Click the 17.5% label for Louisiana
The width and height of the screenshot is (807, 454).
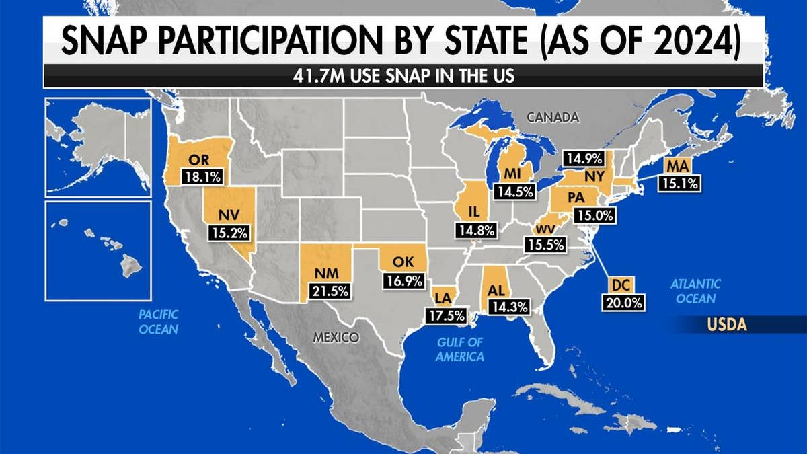[443, 315]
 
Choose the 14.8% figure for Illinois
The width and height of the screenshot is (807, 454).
[477, 230]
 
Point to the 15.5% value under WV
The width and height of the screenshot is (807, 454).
[545, 245]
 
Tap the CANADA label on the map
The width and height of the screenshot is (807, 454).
[553, 118]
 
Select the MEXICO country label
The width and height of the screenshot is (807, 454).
[336, 337]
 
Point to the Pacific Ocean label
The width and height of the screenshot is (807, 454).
[158, 321]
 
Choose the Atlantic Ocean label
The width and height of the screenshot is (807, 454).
[695, 291]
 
